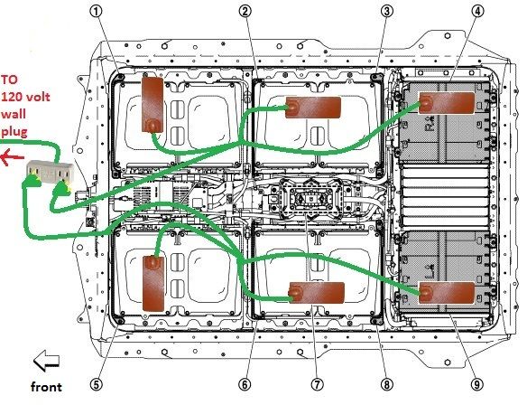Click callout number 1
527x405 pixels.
(x=97, y=12)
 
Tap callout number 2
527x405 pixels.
(x=245, y=12)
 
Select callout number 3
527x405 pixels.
(x=386, y=12)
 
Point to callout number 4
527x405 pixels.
(x=477, y=12)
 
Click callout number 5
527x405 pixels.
(x=97, y=384)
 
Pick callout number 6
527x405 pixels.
(x=245, y=384)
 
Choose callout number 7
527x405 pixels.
(x=317, y=384)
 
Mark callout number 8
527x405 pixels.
(x=386, y=384)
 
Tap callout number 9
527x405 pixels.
(x=477, y=384)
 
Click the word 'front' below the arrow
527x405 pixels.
(x=46, y=387)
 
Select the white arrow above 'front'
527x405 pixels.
(x=46, y=361)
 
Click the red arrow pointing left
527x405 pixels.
(x=12, y=157)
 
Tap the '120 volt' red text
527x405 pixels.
(x=25, y=97)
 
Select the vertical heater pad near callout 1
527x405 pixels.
(x=153, y=105)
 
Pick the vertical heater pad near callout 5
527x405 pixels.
(x=154, y=283)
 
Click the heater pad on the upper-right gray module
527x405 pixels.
(x=447, y=102)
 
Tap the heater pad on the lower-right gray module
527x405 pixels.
(x=447, y=293)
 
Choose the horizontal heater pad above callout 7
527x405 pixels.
(x=317, y=293)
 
